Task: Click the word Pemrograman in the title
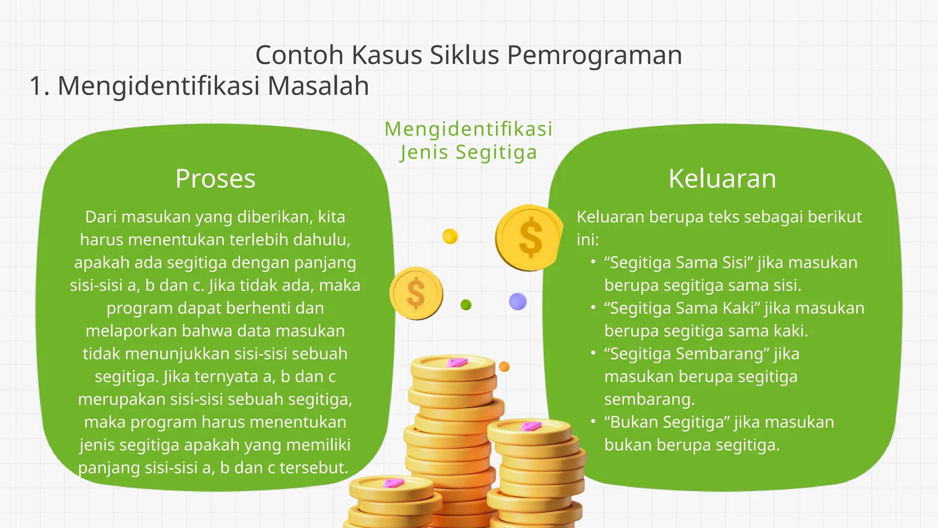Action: pos(594,55)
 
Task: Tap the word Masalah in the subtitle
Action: pos(318,86)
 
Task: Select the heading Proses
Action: pos(215,178)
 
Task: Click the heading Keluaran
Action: pos(722,178)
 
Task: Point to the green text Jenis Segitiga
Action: pos(468,152)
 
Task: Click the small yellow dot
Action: pos(450,236)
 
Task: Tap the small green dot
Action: pos(466,305)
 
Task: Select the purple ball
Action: pos(518,302)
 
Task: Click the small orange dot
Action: pos(504,367)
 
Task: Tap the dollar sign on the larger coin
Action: pos(530,237)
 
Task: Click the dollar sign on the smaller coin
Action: pos(416,293)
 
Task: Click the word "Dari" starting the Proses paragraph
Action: pos(100,217)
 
